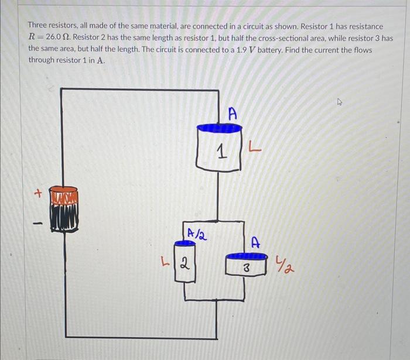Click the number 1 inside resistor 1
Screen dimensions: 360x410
pos(220,154)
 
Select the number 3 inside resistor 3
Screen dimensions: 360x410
pos(247,270)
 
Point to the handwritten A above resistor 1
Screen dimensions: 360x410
pos(233,114)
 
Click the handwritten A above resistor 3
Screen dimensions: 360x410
pos(255,241)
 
